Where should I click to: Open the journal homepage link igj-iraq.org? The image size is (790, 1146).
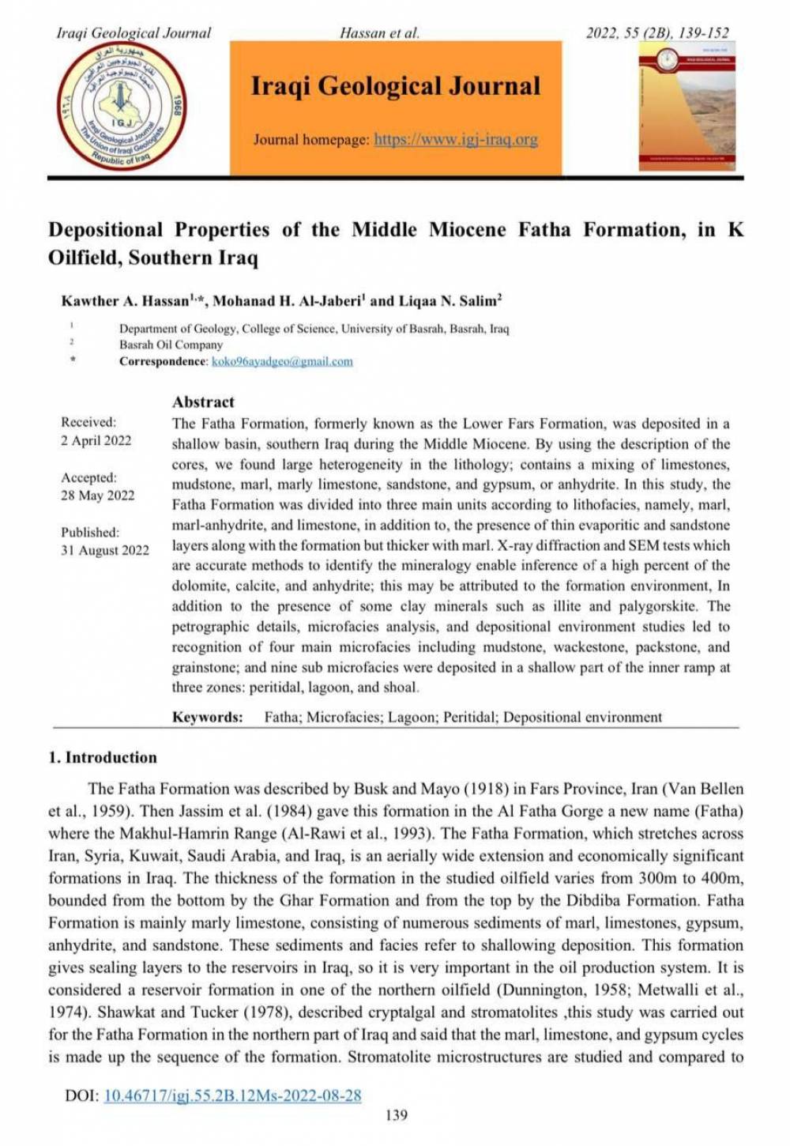coord(456,140)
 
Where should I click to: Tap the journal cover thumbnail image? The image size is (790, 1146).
coord(687,106)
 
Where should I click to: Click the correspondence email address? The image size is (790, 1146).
coord(282,362)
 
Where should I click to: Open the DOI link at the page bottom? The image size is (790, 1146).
coord(232,1095)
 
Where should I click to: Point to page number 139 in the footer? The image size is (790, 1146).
coord(396,1115)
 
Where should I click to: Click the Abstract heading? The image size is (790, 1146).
coord(203,401)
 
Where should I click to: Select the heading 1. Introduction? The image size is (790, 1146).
coord(103,757)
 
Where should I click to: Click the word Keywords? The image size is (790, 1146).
coord(207,718)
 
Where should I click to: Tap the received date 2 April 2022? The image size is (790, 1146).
coord(96,440)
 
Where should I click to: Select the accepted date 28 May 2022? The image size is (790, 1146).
coord(98,496)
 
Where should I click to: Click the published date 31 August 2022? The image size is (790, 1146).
coord(105,550)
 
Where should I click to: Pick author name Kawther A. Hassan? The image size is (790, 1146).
coord(126,301)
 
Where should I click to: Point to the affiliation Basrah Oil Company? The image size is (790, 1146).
coord(171,345)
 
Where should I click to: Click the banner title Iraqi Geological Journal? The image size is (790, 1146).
coord(396,85)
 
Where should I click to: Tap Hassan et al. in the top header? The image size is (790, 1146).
coord(379,33)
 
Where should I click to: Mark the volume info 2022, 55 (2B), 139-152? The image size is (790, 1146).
coord(656,33)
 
